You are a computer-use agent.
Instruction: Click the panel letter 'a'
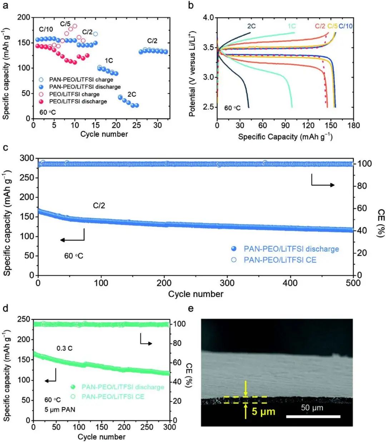(x=6, y=5)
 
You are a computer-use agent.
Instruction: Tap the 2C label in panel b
(x=251, y=26)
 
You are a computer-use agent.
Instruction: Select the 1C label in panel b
(x=292, y=26)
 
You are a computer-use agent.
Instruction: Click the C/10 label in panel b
(x=346, y=26)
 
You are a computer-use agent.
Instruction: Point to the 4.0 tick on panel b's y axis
(x=208, y=18)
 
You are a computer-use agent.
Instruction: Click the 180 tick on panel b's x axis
(x=353, y=125)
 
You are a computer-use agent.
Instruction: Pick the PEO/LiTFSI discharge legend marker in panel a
(x=41, y=101)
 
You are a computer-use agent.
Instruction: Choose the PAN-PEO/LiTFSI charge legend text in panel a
(x=81, y=80)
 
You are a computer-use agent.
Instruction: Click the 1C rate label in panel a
(x=109, y=61)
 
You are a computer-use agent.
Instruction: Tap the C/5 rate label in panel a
(x=65, y=24)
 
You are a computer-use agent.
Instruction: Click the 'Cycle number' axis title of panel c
(x=196, y=294)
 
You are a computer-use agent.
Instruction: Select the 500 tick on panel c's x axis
(x=353, y=283)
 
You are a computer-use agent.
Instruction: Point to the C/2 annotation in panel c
(x=99, y=206)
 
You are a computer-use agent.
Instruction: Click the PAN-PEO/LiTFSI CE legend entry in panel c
(x=280, y=260)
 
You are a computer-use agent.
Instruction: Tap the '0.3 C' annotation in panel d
(x=65, y=348)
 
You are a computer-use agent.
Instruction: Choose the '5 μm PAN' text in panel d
(x=60, y=410)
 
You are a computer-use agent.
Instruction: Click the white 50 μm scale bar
(x=313, y=416)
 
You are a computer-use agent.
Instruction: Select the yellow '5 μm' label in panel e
(x=263, y=411)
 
